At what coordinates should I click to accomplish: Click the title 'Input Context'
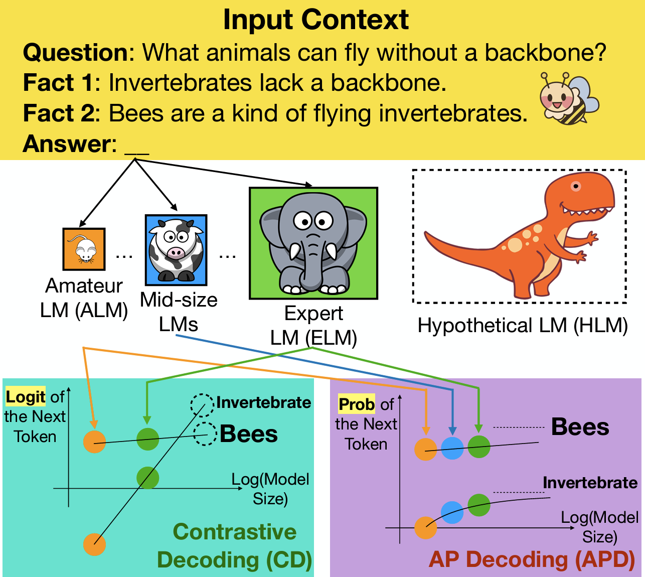point(316,20)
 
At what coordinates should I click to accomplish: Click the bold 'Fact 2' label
point(59,113)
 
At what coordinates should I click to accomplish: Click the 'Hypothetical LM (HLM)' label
point(523,326)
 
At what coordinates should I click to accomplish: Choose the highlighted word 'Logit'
point(26,397)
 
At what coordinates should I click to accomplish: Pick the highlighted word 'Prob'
point(357,404)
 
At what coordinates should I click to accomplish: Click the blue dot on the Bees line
point(452,448)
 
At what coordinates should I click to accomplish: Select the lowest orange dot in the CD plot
point(95,544)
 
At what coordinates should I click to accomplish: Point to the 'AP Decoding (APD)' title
point(532,559)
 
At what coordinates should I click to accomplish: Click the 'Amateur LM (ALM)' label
point(84,298)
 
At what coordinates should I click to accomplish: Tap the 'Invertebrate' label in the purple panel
point(590,483)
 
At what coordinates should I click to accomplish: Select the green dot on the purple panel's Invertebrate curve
point(479,505)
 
